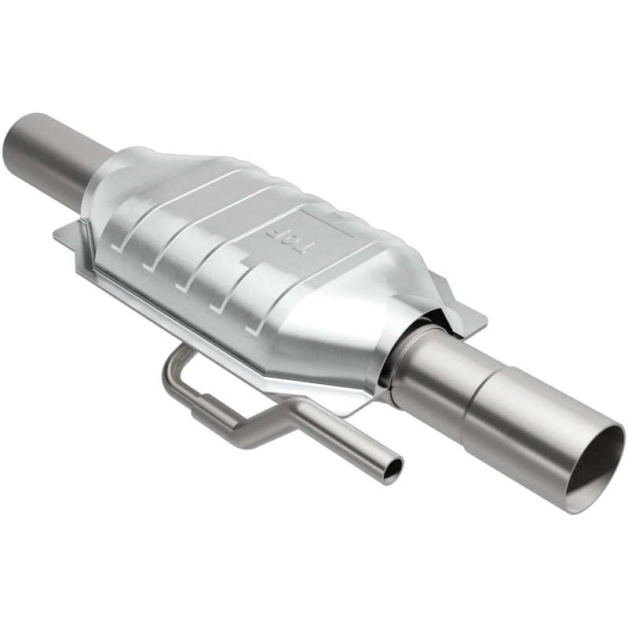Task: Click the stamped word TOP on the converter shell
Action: point(289,235)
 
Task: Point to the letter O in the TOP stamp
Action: point(289,235)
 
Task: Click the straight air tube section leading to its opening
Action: point(345,444)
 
